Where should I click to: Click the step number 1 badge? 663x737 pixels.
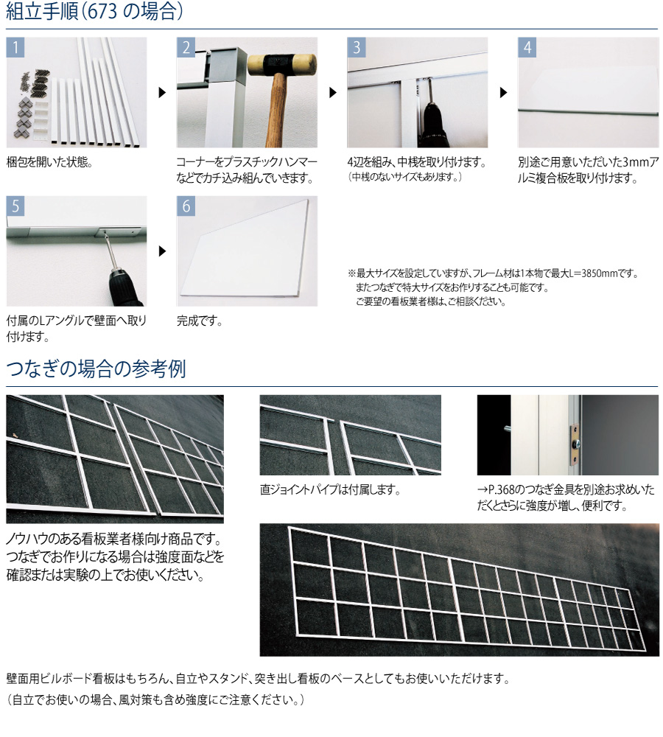[x=15, y=47]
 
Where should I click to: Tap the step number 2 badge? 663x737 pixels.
[x=186, y=47]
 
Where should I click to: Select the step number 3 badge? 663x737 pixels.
[x=357, y=47]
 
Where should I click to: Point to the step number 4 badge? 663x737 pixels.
[x=527, y=47]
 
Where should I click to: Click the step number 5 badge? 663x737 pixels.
[x=15, y=206]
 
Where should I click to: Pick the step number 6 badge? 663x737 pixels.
[x=186, y=206]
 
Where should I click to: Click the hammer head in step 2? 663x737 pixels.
[x=282, y=65]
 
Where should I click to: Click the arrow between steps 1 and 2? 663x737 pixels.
[x=162, y=93]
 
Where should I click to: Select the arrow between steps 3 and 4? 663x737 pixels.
[x=503, y=93]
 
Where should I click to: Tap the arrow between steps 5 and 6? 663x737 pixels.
[x=162, y=251]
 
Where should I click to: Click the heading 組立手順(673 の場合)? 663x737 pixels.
[x=94, y=11]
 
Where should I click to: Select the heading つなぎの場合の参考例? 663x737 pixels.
[x=97, y=369]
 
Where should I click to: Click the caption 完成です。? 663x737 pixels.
[x=200, y=321]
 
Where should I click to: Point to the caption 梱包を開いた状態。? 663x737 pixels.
[x=49, y=162]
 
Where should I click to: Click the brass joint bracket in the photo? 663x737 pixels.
[x=575, y=443]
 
